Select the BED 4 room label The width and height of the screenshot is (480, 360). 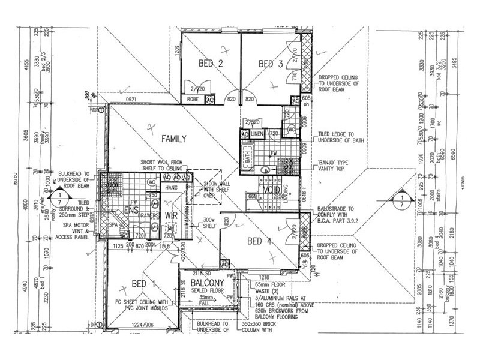[x=262, y=241]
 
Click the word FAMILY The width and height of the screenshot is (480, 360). [x=174, y=139]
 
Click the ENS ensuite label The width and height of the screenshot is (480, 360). [x=131, y=210]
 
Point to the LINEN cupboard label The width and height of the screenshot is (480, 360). [x=257, y=133]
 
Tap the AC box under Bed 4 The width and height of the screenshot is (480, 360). [x=226, y=265]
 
